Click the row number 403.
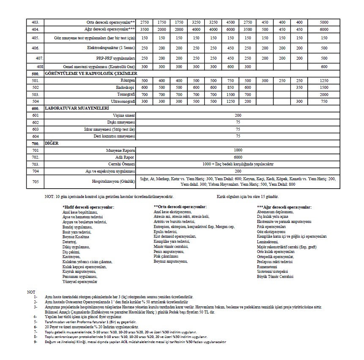[35, 22]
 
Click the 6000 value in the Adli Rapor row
[238, 157]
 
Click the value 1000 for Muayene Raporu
[238, 150]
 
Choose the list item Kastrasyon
[71, 257]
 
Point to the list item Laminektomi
[268, 242]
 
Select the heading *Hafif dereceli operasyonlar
[88, 207]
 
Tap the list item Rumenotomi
[269, 267]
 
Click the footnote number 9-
[36, 342]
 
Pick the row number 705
[35, 182]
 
